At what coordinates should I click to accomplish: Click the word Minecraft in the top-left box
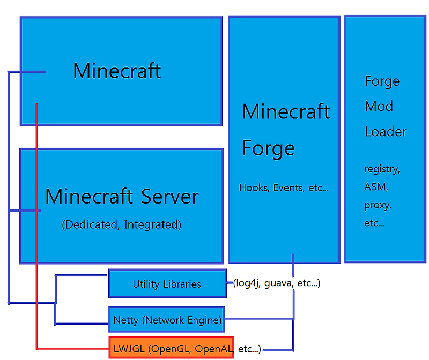[x=117, y=71]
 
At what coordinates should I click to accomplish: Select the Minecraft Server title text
[x=122, y=197]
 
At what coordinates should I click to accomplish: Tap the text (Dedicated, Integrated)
[x=122, y=225]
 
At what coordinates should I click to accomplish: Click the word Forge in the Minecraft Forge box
[x=268, y=148]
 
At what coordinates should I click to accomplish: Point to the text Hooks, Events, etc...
[x=284, y=187]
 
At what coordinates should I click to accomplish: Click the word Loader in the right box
[x=386, y=131]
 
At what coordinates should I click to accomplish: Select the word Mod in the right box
[x=379, y=106]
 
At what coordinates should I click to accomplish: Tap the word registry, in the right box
[x=382, y=169]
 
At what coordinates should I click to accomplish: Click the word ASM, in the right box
[x=376, y=187]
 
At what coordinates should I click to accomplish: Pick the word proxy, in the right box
[x=378, y=205]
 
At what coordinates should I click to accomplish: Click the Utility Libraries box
[x=167, y=284]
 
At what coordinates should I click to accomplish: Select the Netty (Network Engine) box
[x=167, y=320]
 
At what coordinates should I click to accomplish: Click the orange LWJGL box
[x=171, y=349]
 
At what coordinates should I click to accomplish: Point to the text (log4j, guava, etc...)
[x=277, y=283]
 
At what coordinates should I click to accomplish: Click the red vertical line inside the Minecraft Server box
[x=36, y=236]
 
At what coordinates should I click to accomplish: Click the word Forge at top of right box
[x=382, y=81]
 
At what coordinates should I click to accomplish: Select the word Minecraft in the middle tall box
[x=286, y=112]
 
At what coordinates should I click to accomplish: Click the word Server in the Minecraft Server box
[x=170, y=197]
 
